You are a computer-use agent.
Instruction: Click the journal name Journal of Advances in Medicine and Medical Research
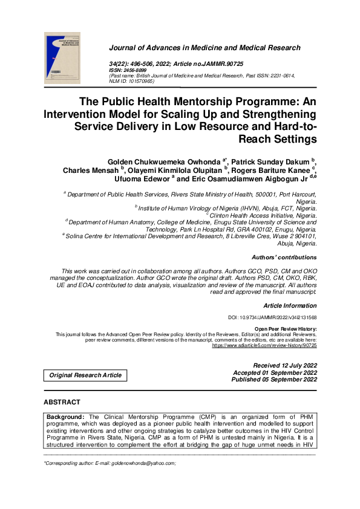[204, 48]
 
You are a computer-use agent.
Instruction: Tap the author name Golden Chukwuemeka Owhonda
[163, 161]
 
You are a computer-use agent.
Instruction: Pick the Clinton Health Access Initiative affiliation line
[263, 215]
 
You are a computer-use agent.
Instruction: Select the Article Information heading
[290, 306]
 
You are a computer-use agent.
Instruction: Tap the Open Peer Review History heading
[286, 328]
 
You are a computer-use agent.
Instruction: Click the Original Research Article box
[85, 375]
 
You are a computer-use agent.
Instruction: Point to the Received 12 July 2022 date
[285, 366]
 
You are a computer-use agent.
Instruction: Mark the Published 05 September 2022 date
[275, 380]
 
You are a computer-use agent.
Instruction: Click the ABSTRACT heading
[62, 402]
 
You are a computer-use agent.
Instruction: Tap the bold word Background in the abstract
[66, 417]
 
